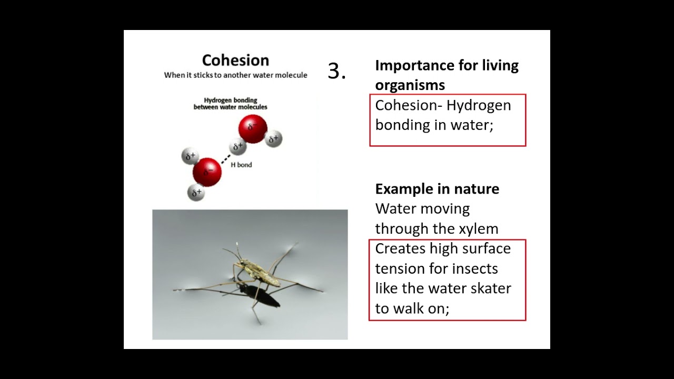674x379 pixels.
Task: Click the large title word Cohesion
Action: tap(235, 60)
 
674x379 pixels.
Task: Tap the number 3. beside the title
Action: tap(336, 71)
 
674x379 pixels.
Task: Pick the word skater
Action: tap(489, 288)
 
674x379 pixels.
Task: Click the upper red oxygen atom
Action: tap(253, 129)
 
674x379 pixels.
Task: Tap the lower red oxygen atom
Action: tap(207, 172)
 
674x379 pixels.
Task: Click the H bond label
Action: tap(241, 165)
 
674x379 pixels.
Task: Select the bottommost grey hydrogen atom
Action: tap(196, 193)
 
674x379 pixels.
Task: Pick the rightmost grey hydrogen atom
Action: tap(274, 139)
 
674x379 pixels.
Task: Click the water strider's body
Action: tap(258, 272)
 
